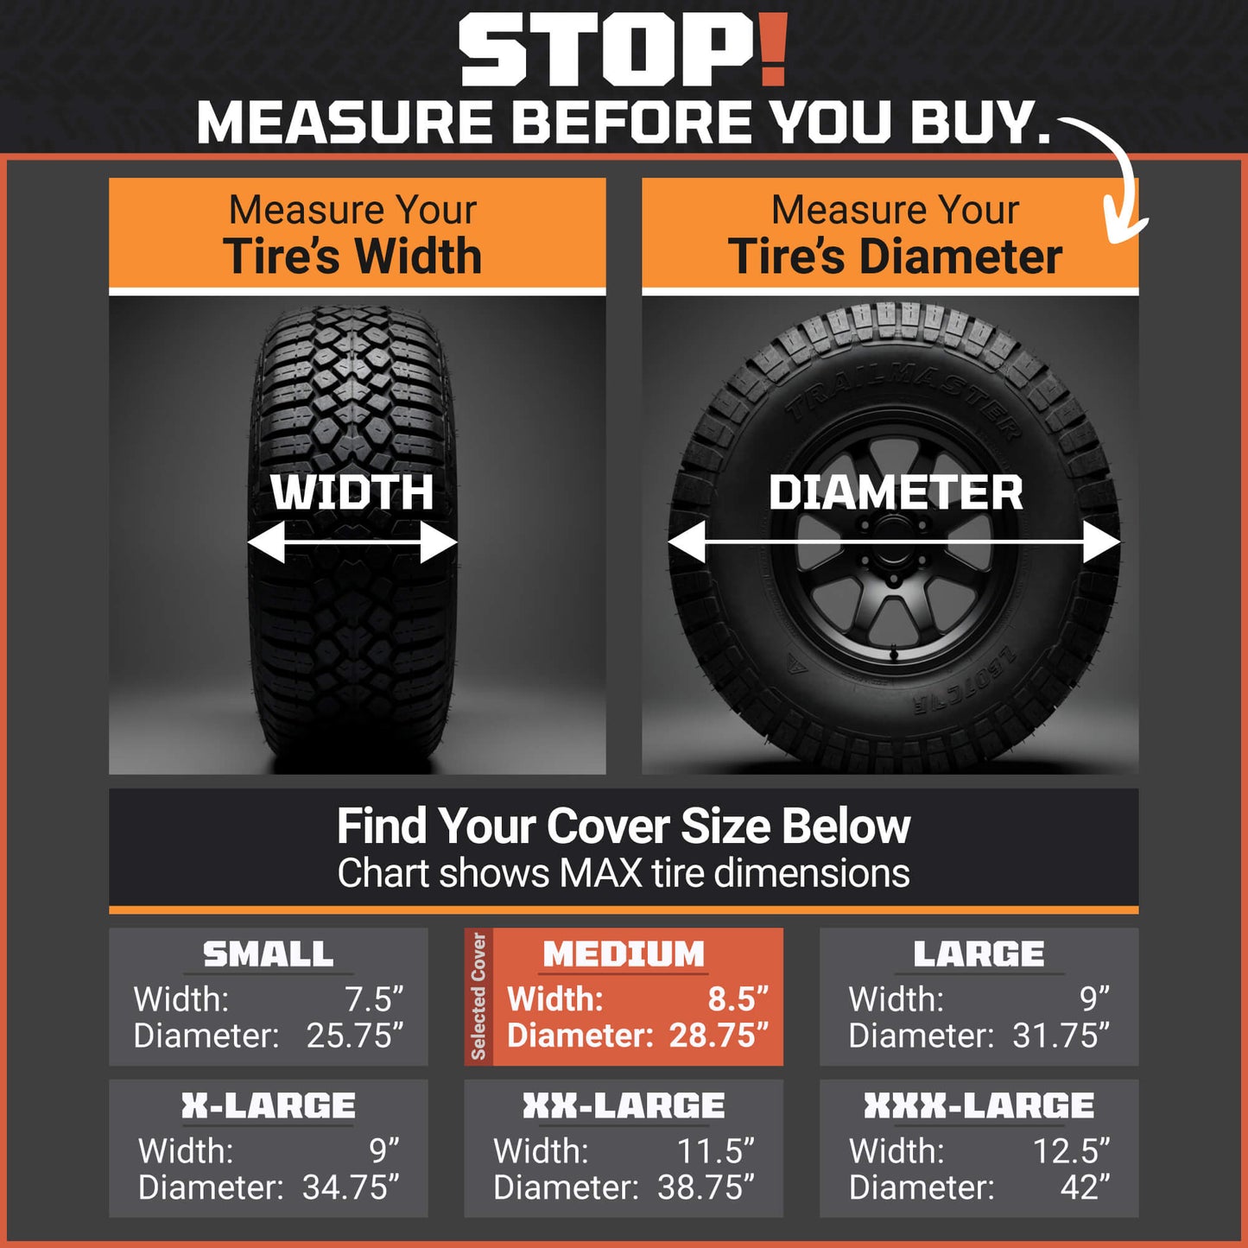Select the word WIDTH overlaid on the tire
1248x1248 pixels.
(352, 492)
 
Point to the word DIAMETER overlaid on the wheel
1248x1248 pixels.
(896, 493)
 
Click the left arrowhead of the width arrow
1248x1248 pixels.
(266, 542)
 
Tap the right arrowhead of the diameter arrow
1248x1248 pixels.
(1102, 542)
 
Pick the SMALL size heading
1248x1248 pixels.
(268, 954)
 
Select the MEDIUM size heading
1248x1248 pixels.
(624, 954)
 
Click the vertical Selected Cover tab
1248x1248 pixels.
(478, 997)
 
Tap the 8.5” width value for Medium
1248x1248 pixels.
(738, 998)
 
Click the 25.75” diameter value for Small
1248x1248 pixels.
(355, 1036)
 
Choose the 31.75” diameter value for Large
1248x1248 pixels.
(1061, 1036)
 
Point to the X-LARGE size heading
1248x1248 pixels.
(268, 1105)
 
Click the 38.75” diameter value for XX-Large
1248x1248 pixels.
(706, 1188)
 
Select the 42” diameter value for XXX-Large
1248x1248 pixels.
(1086, 1188)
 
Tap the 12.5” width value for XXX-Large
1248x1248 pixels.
(1071, 1151)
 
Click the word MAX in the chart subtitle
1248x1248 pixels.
(600, 873)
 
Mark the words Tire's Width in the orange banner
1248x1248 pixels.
(352, 256)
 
